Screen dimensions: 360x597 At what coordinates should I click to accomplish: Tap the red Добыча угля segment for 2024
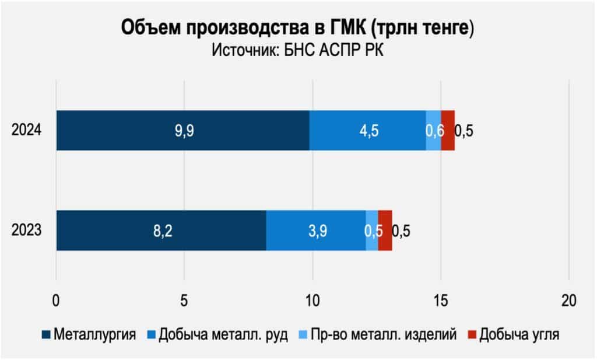(448, 130)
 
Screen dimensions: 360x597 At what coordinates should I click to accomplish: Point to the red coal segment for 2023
(385, 230)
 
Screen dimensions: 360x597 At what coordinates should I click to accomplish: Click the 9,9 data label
(184, 131)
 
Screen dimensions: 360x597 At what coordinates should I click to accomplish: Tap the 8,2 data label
(161, 230)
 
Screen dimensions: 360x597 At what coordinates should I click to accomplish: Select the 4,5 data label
(368, 131)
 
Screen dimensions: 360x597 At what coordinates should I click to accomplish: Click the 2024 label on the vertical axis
(26, 130)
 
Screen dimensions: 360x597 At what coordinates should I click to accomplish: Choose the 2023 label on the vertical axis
(26, 230)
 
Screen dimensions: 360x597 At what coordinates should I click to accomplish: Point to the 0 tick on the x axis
(56, 301)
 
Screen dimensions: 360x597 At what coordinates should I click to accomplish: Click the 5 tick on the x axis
(184, 301)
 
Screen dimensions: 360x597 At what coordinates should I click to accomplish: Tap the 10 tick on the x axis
(312, 301)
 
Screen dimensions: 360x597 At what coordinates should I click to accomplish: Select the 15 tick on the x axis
(440, 301)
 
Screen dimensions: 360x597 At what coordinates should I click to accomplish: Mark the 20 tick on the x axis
(568, 301)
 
